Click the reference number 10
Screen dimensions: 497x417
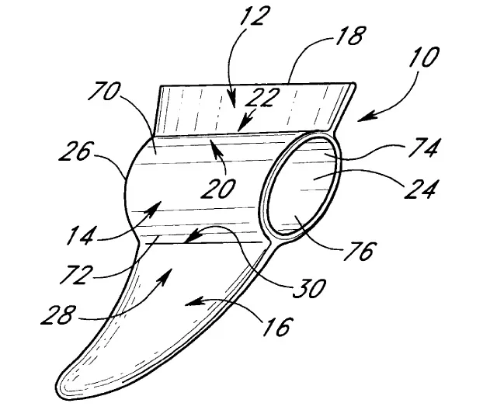424,57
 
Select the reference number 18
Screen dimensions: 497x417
349,35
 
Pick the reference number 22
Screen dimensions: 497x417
262,97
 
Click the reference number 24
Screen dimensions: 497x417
421,189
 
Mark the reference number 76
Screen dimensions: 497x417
359,251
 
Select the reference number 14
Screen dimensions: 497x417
81,235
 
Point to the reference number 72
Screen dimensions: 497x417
77,274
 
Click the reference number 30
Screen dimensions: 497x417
309,288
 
